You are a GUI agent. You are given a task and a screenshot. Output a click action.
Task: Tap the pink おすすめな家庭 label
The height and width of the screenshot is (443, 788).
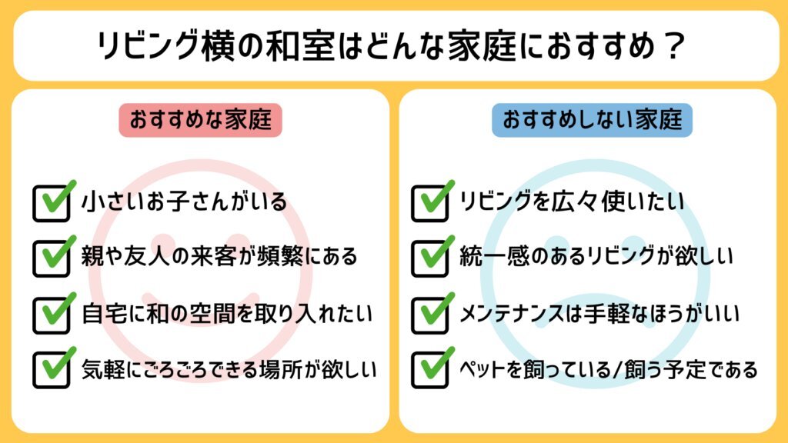point(200,120)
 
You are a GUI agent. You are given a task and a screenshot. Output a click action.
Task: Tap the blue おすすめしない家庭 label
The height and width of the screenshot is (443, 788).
point(592,120)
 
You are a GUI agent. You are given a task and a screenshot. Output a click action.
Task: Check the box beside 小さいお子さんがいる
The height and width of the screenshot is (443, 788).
point(52,203)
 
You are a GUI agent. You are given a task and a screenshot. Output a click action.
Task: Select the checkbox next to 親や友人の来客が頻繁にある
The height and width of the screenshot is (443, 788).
point(52,258)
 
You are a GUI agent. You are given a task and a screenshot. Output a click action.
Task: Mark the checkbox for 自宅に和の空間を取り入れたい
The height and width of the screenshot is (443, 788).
point(52,315)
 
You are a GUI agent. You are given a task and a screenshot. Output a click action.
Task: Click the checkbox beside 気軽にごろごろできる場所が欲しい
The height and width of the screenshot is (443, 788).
point(52,370)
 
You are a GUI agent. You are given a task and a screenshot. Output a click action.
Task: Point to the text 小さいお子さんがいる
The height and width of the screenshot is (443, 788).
point(184,202)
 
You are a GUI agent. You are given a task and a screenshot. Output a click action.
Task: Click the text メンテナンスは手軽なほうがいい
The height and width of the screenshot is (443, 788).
point(599,314)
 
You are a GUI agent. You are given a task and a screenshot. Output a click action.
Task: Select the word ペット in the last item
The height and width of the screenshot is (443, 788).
point(482,369)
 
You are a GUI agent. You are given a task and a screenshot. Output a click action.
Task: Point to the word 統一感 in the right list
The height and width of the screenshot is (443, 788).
point(492,256)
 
